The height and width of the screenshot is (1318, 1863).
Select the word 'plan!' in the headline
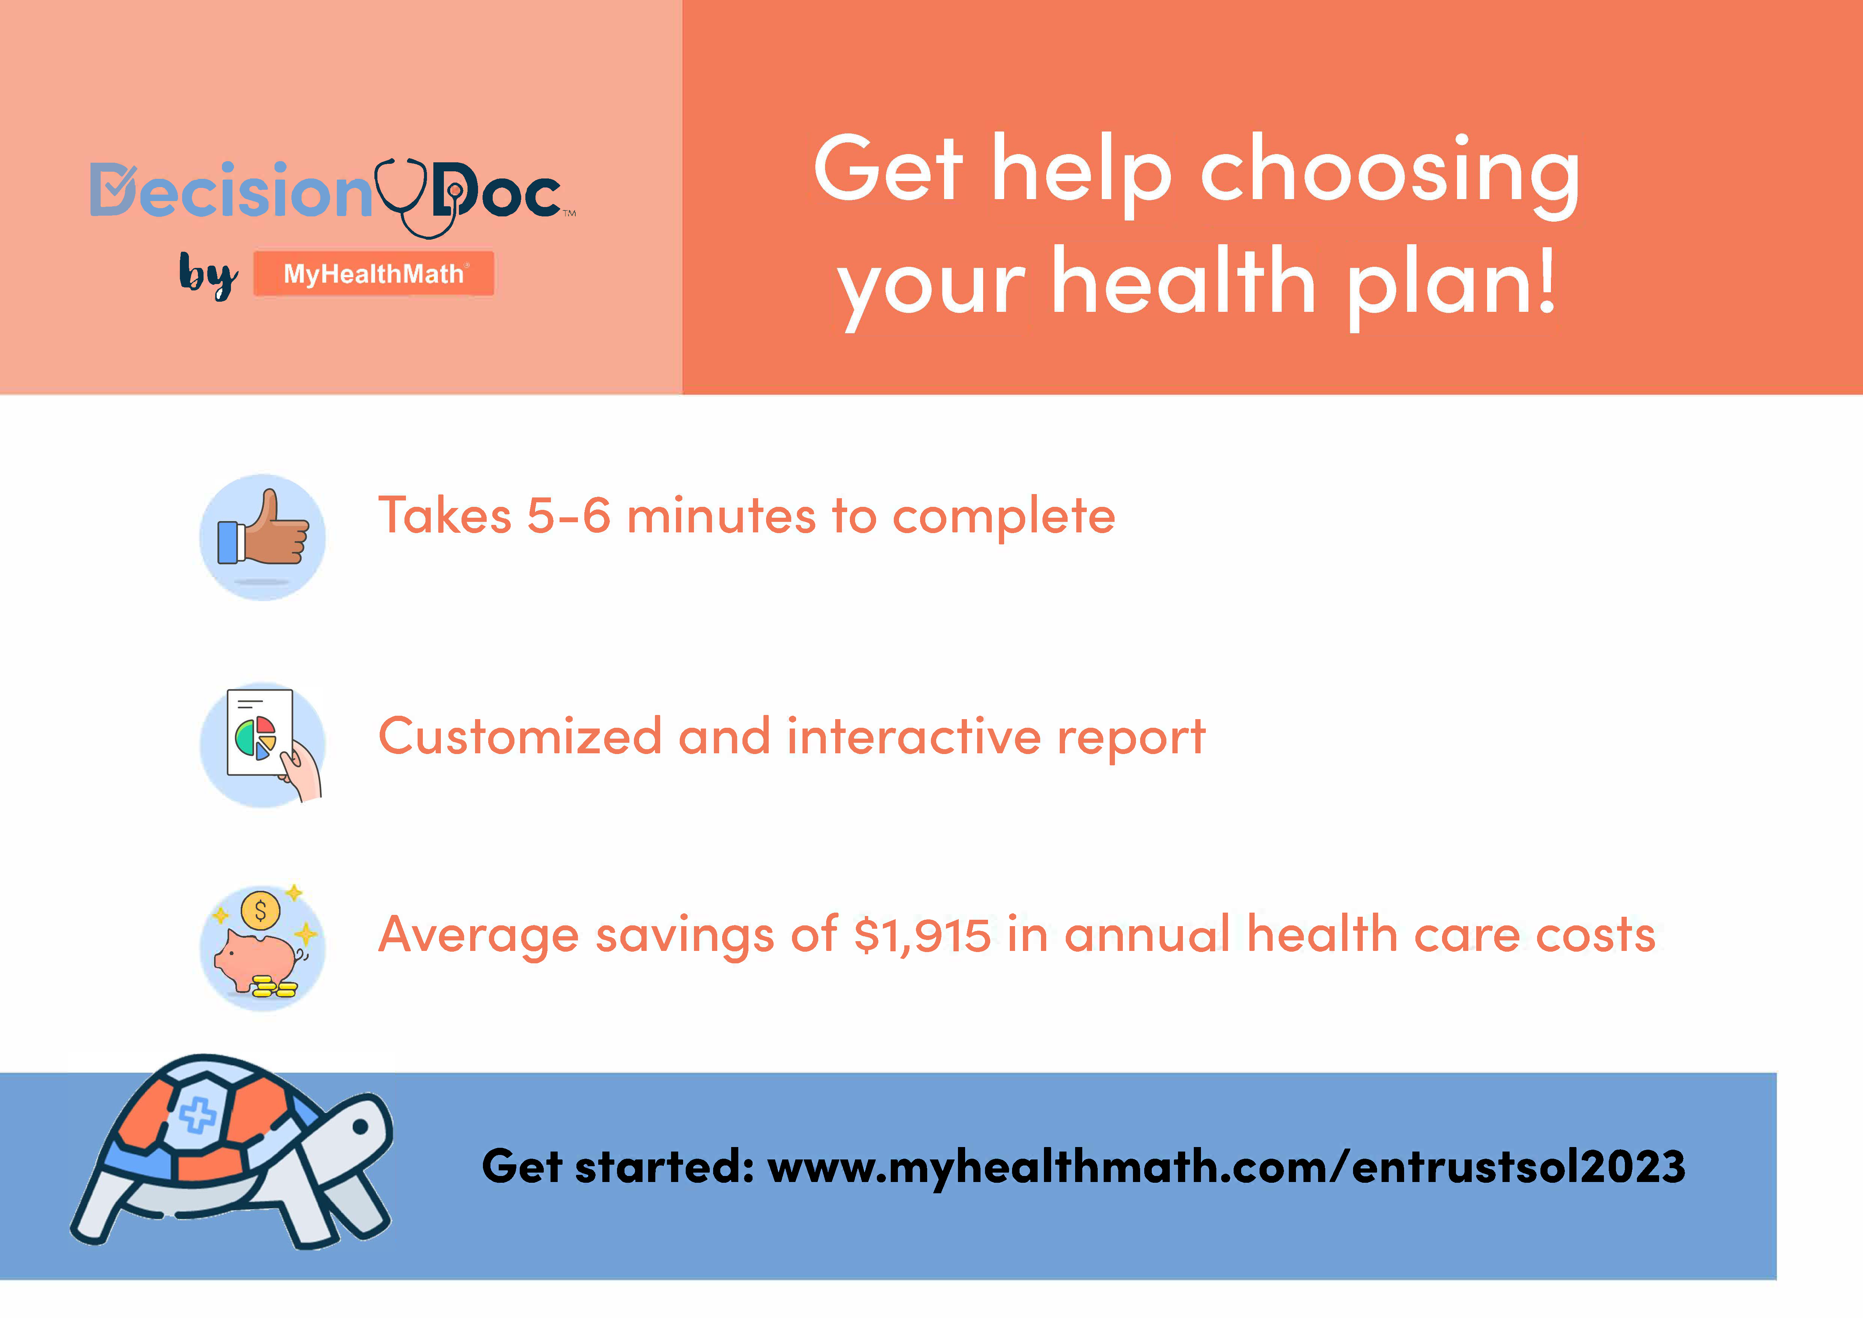1451,284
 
